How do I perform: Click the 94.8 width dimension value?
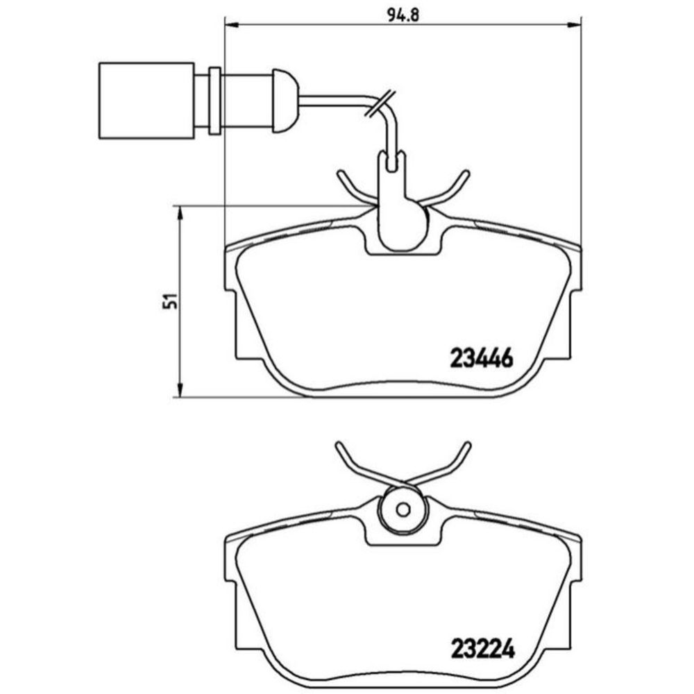[403, 15]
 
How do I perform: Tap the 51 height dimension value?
[170, 301]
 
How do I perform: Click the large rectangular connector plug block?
[146, 101]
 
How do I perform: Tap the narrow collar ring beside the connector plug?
[214, 101]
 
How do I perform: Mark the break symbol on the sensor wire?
[380, 103]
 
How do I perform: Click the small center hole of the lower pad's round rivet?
[403, 509]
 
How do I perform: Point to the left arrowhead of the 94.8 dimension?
[232, 25]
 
